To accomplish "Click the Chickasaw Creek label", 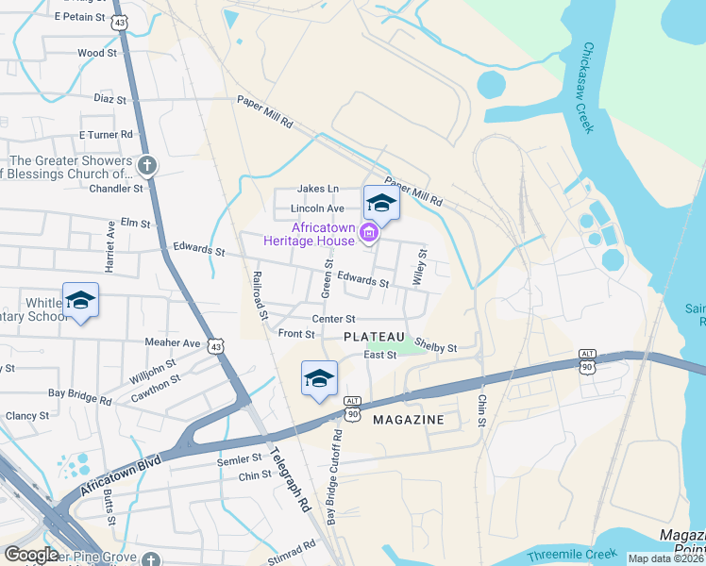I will (589, 88).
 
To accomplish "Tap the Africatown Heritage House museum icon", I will (369, 232).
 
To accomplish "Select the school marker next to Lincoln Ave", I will (381, 203).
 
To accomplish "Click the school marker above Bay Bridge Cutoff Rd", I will (319, 379).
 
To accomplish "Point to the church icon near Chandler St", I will (146, 167).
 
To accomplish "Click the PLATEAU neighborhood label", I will (374, 337).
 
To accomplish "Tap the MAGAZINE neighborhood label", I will (409, 419).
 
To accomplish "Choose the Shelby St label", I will (435, 347).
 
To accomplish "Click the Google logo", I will (31, 555).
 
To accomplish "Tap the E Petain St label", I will (79, 17).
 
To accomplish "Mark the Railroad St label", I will (261, 295).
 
